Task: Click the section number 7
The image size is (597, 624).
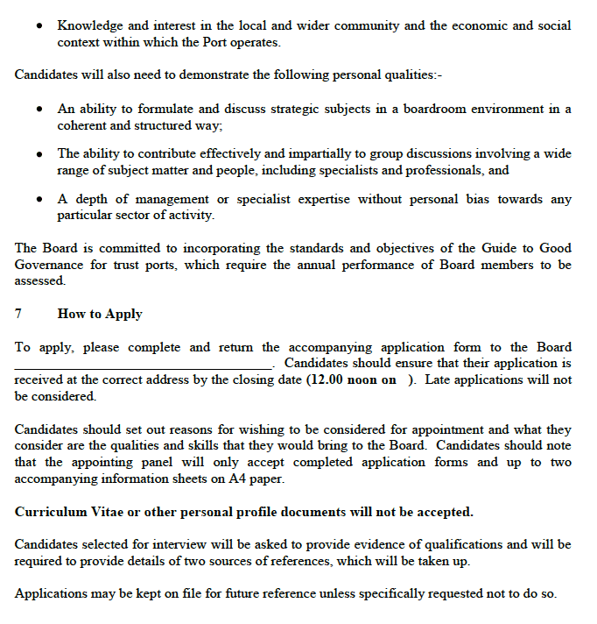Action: coord(18,314)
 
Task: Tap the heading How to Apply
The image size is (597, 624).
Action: coord(100,314)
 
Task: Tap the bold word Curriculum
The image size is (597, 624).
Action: coord(51,512)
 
